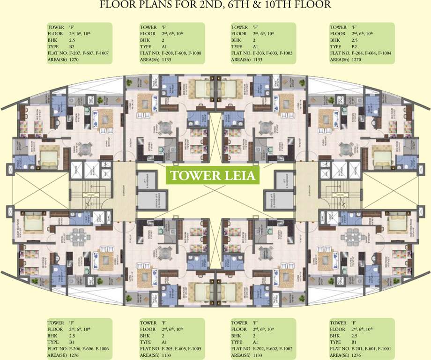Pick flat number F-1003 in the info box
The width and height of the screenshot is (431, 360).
(x=284, y=53)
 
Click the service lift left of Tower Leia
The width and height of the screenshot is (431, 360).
(x=146, y=199)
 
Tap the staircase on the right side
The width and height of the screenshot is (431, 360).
(x=340, y=192)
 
